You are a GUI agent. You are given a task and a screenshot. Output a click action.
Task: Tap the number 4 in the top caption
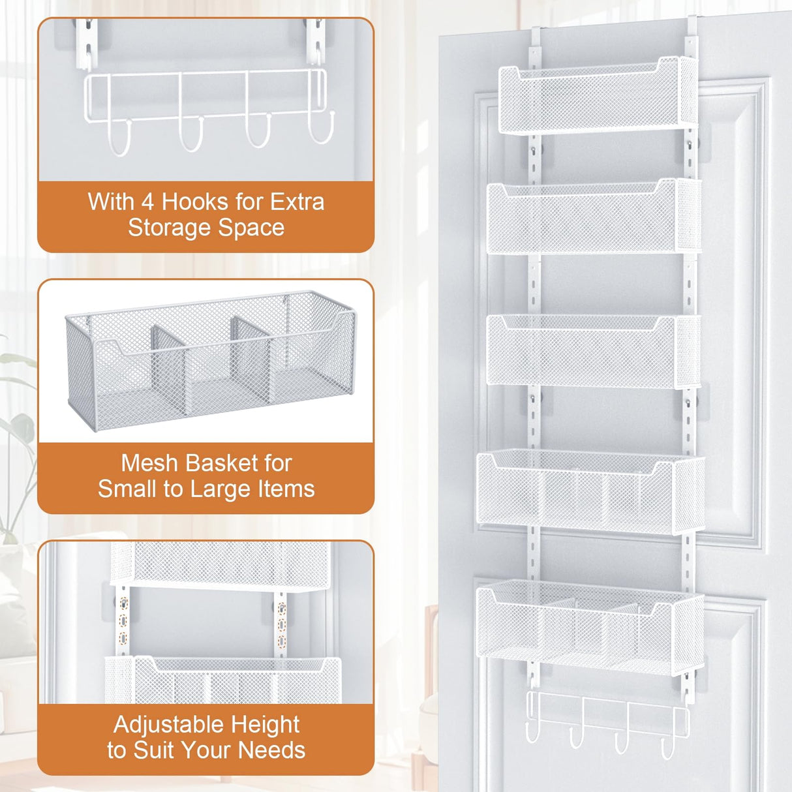tap(148, 202)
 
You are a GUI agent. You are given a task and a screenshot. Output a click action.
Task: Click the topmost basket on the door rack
tap(597, 98)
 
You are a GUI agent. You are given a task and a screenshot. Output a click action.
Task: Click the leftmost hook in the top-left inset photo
tap(119, 138)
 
